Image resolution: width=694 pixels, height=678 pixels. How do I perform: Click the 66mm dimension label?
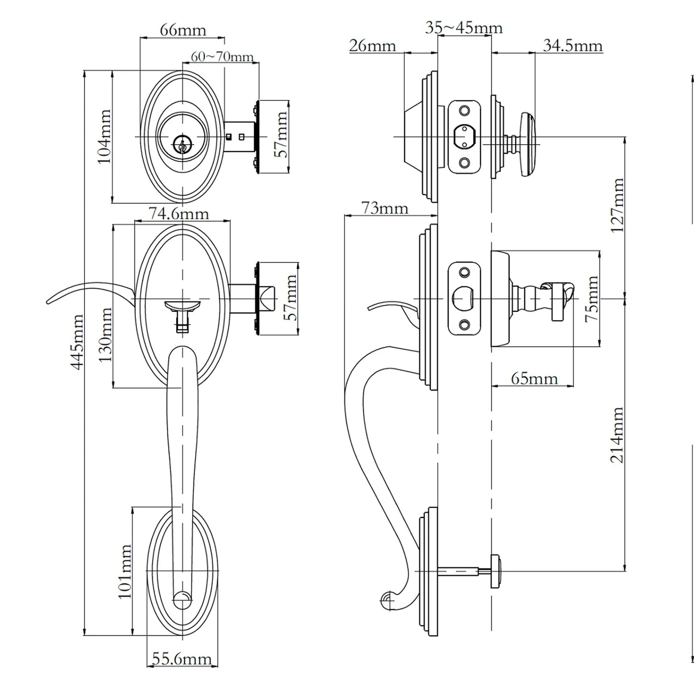(x=183, y=30)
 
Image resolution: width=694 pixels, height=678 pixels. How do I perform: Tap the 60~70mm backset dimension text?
(x=222, y=57)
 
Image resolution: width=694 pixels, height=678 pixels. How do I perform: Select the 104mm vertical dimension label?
(x=104, y=136)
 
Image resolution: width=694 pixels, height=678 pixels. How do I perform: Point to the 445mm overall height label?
(x=77, y=342)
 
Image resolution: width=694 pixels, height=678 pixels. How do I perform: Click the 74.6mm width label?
(x=179, y=213)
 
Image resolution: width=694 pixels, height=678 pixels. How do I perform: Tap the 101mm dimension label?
(x=124, y=571)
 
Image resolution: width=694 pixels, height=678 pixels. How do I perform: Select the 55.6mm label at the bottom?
(x=182, y=658)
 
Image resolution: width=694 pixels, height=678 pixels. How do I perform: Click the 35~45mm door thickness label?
(x=463, y=28)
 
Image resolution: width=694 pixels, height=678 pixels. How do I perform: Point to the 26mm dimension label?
(x=373, y=46)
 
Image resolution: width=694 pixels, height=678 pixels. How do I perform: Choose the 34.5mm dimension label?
(x=572, y=46)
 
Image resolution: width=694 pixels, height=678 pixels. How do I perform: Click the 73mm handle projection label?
(x=384, y=208)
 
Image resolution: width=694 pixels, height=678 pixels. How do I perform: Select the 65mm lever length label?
(x=534, y=378)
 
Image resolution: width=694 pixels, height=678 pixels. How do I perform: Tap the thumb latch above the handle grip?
(x=183, y=306)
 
